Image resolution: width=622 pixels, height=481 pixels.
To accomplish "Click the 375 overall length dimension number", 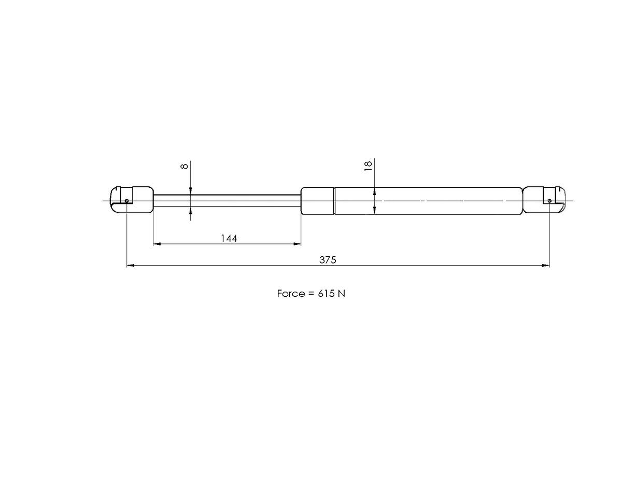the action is tap(328, 260).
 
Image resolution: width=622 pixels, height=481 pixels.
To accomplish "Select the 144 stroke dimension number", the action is tap(229, 238).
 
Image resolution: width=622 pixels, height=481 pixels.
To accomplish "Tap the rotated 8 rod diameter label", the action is tap(185, 166).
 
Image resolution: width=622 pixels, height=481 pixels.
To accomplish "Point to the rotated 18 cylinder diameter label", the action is tap(368, 166).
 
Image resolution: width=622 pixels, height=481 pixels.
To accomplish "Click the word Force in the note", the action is tap(291, 294).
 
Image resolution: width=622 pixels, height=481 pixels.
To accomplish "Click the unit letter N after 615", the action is tap(341, 294).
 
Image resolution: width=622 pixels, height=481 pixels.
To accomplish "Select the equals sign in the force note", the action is tap(311, 294).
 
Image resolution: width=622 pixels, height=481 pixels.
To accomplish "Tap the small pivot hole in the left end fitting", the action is tap(126, 200).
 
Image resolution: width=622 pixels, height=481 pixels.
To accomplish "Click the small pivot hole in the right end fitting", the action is tap(549, 200).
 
